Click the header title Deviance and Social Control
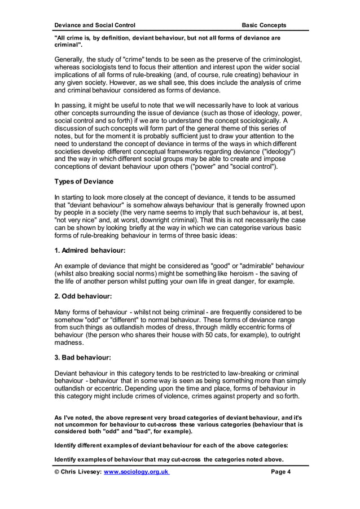[94, 25]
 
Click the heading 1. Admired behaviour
[89, 250]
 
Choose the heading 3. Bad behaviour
[83, 357]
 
